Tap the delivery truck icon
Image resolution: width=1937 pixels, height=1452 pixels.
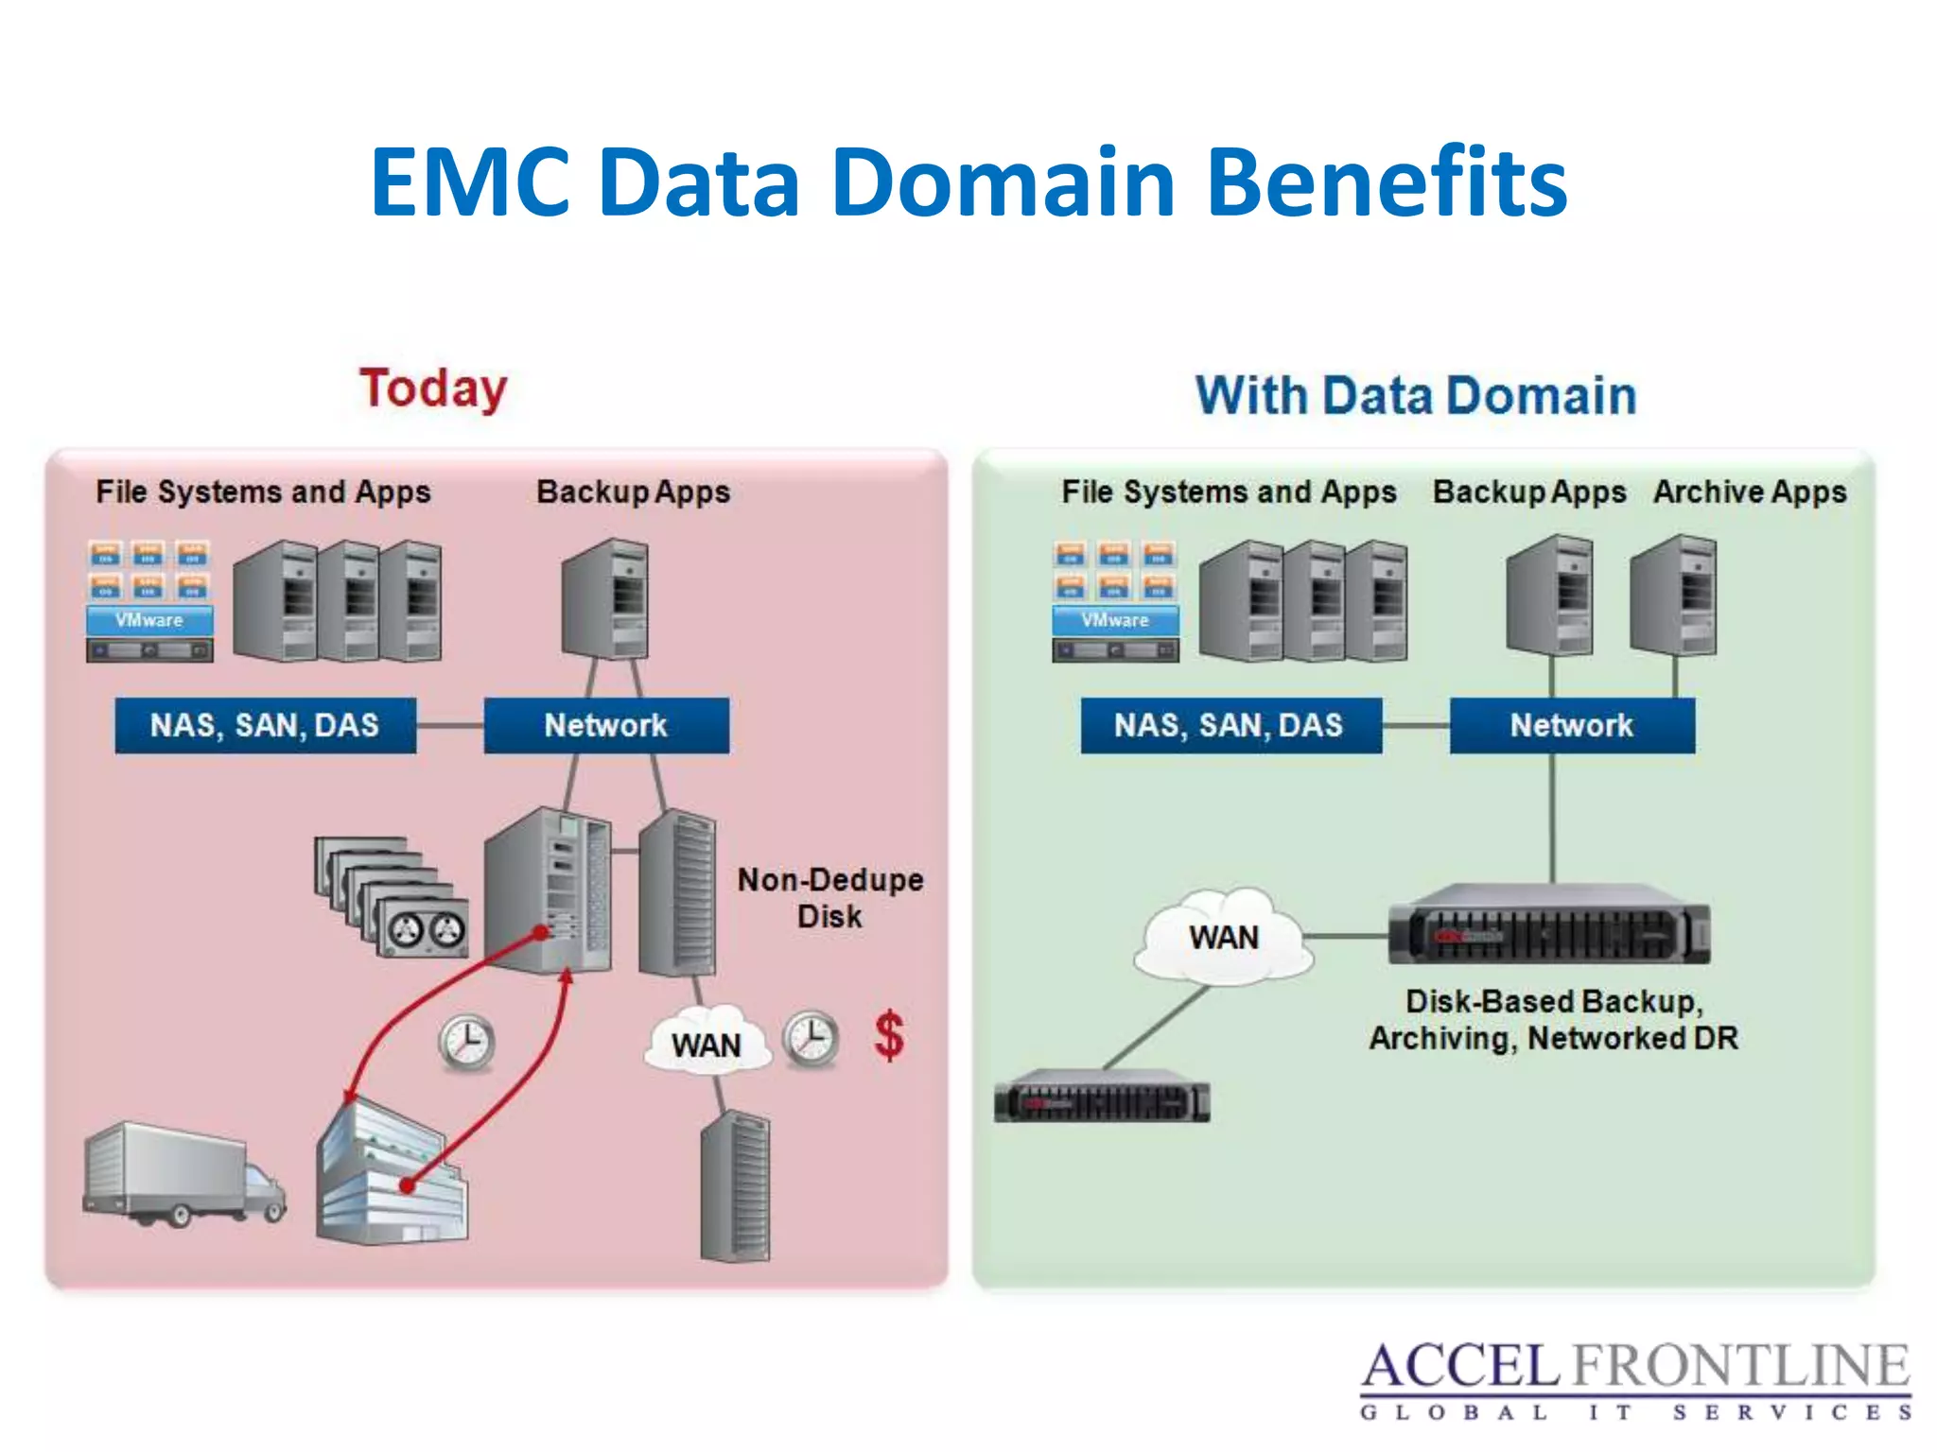[x=183, y=1174]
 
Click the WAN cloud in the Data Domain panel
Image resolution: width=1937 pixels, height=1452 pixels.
[x=1223, y=935]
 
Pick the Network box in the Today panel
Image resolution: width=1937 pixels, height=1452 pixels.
[x=606, y=725]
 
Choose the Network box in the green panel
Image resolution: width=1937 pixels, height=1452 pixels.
[x=1572, y=725]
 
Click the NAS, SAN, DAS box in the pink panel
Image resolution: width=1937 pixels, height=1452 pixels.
[x=265, y=725]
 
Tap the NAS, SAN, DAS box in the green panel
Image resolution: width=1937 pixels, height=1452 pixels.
[x=1230, y=725]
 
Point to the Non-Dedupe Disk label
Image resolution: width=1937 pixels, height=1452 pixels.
[x=829, y=897]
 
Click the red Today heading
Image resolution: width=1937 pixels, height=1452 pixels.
[x=433, y=389]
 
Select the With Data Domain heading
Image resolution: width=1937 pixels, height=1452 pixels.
[x=1416, y=395]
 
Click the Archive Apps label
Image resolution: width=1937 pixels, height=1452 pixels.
[x=1750, y=492]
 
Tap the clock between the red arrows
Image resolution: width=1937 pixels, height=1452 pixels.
[x=466, y=1043]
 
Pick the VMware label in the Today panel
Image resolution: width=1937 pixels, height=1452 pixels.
[x=149, y=620]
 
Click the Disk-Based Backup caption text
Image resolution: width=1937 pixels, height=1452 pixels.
[x=1553, y=1019]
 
